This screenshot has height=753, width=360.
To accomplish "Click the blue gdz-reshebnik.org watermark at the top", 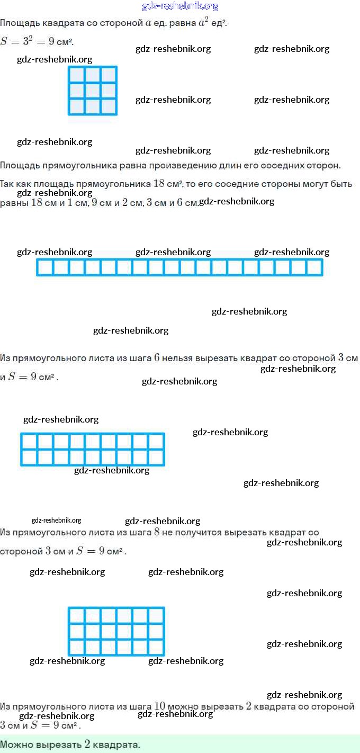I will (x=180, y=6).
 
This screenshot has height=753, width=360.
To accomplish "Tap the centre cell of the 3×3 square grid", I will (x=93, y=91).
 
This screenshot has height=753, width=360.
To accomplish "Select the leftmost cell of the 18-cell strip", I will (x=45, y=267).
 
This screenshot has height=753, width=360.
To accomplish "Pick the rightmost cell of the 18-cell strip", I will (x=314, y=267).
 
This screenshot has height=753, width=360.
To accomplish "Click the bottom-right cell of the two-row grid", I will (x=156, y=457).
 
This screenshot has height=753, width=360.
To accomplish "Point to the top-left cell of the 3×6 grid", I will (x=77, y=615).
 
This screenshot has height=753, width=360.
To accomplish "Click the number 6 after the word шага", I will (x=157, y=358).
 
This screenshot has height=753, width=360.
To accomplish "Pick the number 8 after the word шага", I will (x=157, y=532).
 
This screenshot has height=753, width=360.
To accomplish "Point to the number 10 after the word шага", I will (x=160, y=706).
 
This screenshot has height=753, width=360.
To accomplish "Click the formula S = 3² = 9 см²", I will (x=36, y=41).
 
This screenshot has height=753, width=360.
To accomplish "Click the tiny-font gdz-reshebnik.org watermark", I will (x=56, y=521).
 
